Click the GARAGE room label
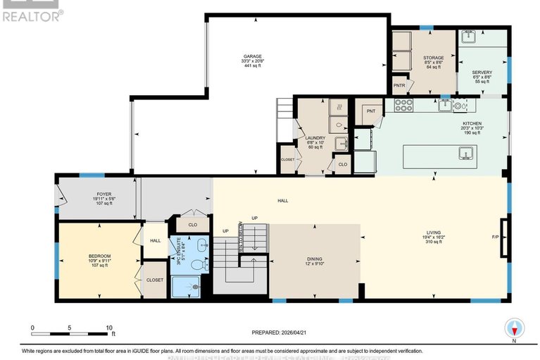pyautogui.click(x=253, y=56)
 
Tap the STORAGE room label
pyautogui.click(x=434, y=57)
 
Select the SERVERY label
pyautogui.click(x=482, y=72)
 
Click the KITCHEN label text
pyautogui.click(x=472, y=123)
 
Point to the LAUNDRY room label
pyautogui.click(x=314, y=137)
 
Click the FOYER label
pyautogui.click(x=105, y=194)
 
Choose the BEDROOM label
pyautogui.click(x=100, y=256)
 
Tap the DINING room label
pyautogui.click(x=315, y=259)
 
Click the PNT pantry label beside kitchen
pyautogui.click(x=371, y=111)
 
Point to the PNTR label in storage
pyautogui.click(x=399, y=85)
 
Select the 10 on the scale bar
pyautogui.click(x=109, y=328)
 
